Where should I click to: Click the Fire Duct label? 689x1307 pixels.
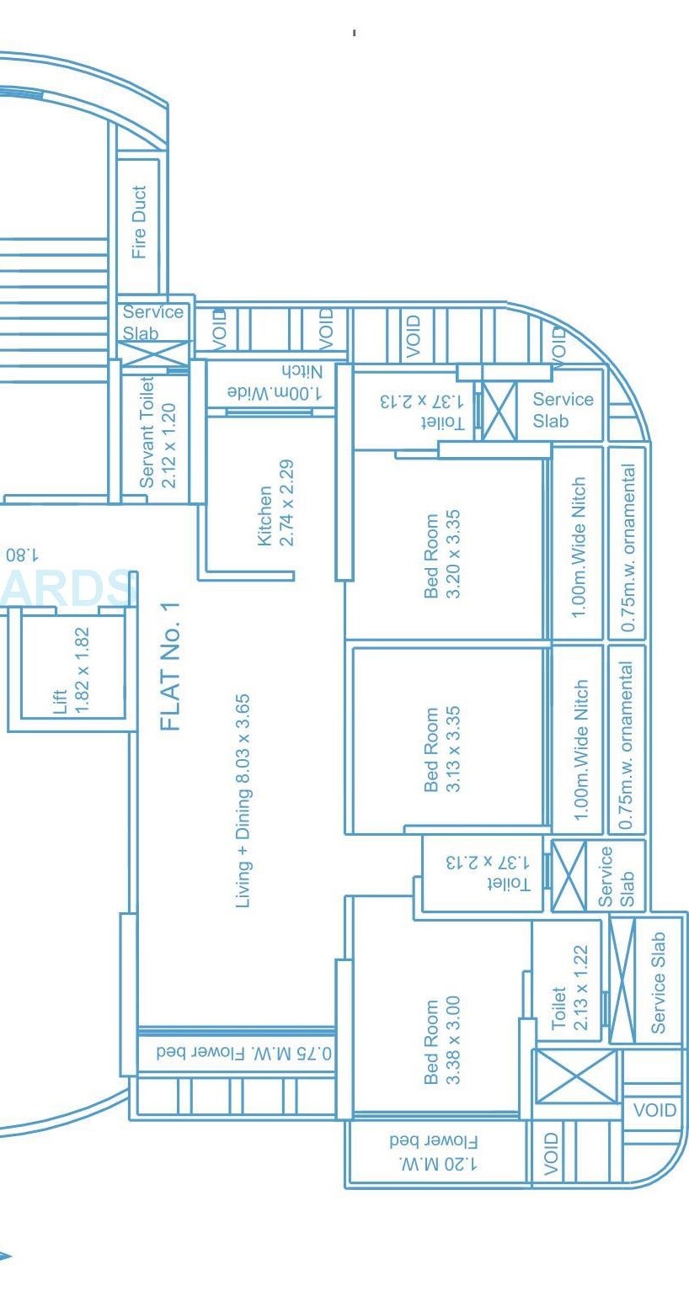pyautogui.click(x=139, y=221)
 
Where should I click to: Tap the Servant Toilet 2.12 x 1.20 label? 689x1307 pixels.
pyautogui.click(x=158, y=433)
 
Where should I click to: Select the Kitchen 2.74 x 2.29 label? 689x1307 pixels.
pyautogui.click(x=275, y=502)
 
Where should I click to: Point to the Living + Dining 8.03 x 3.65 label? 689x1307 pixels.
pyautogui.click(x=243, y=800)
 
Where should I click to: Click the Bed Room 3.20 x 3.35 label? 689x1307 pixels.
pyautogui.click(x=442, y=556)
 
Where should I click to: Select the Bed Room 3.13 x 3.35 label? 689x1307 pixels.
pyautogui.click(x=442, y=749)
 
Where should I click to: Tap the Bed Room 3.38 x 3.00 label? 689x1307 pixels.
pyautogui.click(x=442, y=1041)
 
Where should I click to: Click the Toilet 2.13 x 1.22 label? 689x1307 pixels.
pyautogui.click(x=569, y=986)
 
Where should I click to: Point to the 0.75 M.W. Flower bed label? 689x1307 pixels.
pyautogui.click(x=243, y=1053)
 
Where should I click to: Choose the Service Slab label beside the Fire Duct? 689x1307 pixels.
pyautogui.click(x=152, y=322)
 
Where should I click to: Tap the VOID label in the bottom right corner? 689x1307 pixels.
pyautogui.click(x=654, y=1110)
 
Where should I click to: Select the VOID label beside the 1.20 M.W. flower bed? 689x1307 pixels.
pyautogui.click(x=551, y=1153)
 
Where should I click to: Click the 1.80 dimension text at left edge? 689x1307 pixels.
pyautogui.click(x=22, y=555)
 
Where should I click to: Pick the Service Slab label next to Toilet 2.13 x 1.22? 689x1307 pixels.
pyautogui.click(x=659, y=982)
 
